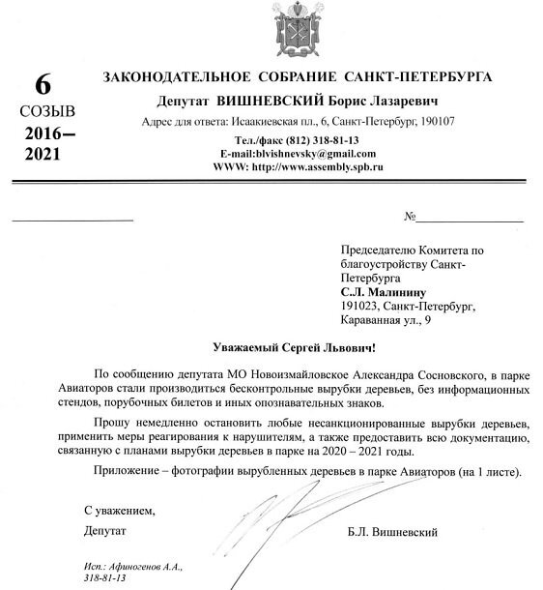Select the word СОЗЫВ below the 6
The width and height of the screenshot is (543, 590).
(41, 112)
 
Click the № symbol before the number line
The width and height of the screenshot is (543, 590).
(411, 217)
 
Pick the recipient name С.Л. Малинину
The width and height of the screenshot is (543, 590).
(382, 291)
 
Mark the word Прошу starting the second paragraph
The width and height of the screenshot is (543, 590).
(113, 424)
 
